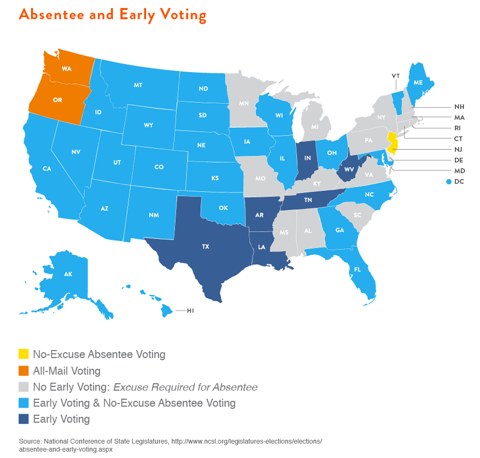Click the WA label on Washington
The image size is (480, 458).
point(66,69)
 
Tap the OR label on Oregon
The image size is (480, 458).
point(57,100)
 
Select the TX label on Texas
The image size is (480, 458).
point(205,247)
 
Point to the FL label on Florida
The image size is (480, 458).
point(357,270)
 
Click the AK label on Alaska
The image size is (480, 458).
point(68,274)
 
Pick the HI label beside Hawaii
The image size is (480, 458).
point(190,310)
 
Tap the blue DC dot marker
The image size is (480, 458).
point(448,182)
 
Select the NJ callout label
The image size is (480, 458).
point(459,150)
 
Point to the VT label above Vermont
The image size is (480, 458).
point(395,76)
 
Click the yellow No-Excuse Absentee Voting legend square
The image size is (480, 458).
point(24,354)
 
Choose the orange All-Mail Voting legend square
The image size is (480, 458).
point(24,370)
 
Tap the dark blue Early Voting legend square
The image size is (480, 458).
point(24,419)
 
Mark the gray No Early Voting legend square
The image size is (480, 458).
point(24,387)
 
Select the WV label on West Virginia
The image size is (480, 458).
point(349,169)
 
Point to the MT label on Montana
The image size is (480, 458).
point(138,86)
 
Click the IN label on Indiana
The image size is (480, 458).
point(308,158)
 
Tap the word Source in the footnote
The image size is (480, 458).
point(30,441)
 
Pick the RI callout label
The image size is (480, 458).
point(458,128)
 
